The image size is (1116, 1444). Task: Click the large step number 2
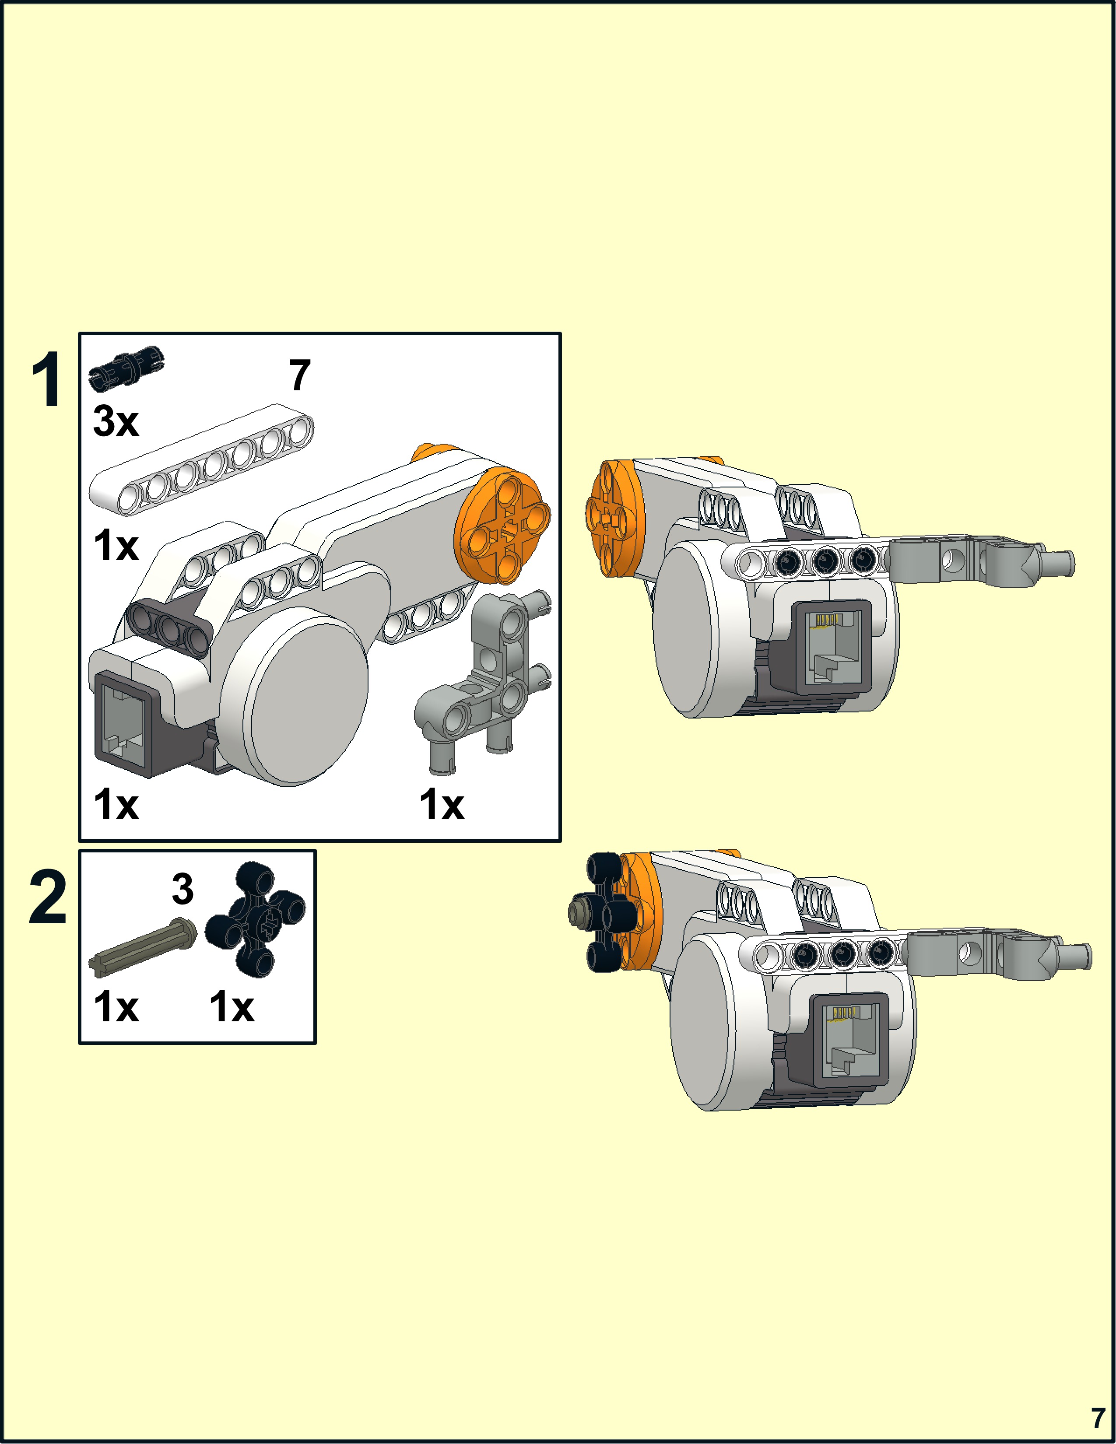tap(48, 898)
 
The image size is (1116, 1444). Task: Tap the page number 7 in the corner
tap(1098, 1418)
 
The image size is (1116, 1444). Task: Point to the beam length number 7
tap(299, 375)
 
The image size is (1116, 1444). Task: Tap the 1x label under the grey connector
tap(442, 805)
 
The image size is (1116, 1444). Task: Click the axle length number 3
tap(182, 889)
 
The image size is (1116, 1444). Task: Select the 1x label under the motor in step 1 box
tap(116, 805)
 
